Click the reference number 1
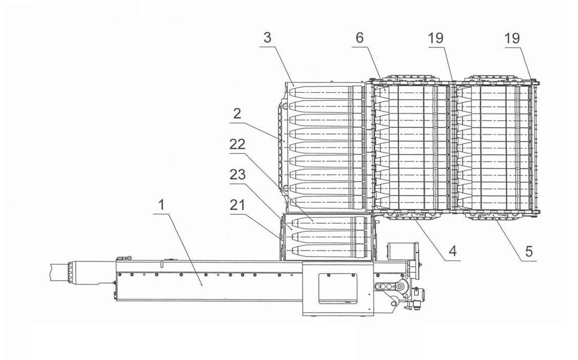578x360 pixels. [161, 204]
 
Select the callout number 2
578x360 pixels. [237, 113]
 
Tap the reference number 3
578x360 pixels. [268, 38]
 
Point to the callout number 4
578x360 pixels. [452, 251]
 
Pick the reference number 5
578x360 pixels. [529, 251]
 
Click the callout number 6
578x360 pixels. [360, 38]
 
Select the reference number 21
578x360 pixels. [237, 204]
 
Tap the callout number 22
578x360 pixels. [237, 144]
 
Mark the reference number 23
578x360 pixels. [237, 175]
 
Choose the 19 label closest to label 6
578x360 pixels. [435, 38]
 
